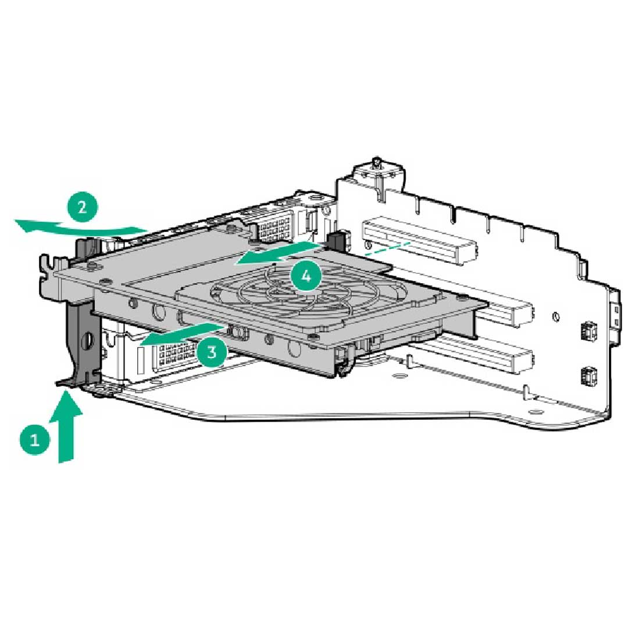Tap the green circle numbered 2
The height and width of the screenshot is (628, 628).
(82, 207)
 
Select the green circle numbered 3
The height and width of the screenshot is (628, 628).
(212, 351)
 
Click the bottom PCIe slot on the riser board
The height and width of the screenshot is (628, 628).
(477, 355)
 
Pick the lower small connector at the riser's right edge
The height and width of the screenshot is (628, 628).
(586, 375)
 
